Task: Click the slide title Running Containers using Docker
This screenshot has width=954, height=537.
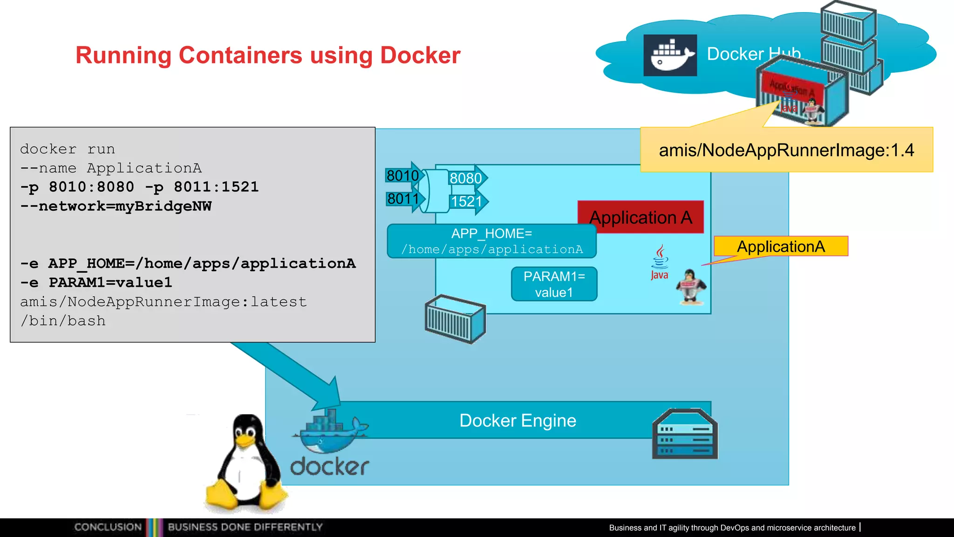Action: coord(268,55)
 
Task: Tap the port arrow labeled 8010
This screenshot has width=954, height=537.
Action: coord(403,176)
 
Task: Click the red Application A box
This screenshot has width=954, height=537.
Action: coord(641,217)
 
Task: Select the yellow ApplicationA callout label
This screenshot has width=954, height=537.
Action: coord(781,246)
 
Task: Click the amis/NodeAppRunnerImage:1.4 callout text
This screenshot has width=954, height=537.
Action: coord(786,150)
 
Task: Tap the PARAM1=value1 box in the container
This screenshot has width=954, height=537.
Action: coord(554,284)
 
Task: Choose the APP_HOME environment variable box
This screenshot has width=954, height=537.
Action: coord(492,241)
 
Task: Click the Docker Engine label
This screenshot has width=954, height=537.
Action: coord(518,420)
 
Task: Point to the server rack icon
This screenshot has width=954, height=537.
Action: coord(685,434)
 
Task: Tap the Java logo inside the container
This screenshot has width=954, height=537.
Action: coord(659,262)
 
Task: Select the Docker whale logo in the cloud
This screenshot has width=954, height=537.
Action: coord(670,55)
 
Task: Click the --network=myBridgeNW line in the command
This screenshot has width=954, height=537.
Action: coord(116,206)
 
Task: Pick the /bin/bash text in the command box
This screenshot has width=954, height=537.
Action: coord(63,321)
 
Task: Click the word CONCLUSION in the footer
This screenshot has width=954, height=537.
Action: coord(108,527)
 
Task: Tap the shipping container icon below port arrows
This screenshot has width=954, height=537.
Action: coord(455,319)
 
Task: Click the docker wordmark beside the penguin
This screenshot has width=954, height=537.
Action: coord(330,467)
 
